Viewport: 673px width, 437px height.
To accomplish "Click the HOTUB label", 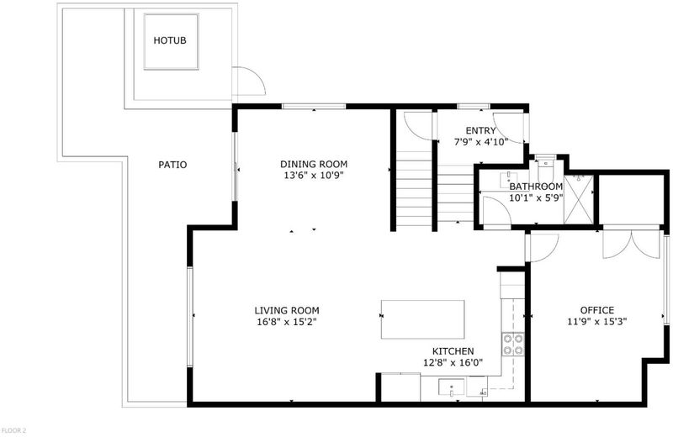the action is click(x=170, y=40).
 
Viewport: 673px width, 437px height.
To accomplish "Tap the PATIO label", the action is click(x=172, y=165).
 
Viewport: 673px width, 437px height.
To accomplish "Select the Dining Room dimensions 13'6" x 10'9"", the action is click(x=314, y=176).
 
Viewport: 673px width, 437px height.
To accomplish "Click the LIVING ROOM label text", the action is click(x=287, y=310).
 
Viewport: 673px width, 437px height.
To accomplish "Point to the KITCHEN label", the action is click(x=453, y=351).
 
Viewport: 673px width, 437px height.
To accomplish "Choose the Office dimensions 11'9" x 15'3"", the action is click(x=597, y=322).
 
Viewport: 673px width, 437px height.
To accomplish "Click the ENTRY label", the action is click(x=480, y=131).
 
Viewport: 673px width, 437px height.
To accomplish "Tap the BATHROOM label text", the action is click(x=536, y=187).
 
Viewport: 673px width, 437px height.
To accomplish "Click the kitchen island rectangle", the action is click(x=423, y=319).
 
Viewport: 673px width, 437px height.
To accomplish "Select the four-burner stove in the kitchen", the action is click(x=513, y=345).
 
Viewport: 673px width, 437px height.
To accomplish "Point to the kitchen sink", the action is click(x=451, y=387).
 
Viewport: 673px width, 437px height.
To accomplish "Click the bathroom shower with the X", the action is click(x=579, y=199).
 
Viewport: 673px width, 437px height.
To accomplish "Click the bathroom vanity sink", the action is click(x=509, y=180).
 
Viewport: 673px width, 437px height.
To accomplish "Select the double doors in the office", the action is click(x=632, y=245).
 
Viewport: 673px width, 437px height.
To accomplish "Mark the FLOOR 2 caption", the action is click(x=13, y=430).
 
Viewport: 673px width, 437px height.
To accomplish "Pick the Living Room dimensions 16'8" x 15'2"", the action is click(x=287, y=322).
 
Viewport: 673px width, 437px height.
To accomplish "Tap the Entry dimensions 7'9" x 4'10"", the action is click(x=480, y=142).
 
